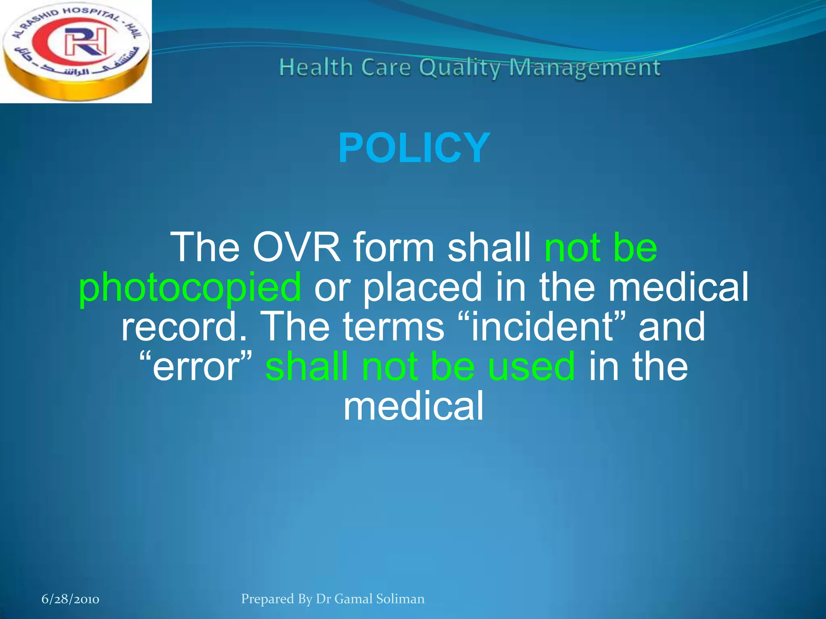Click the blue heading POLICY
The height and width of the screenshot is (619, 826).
pos(414,148)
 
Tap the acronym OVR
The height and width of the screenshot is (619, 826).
pos(296,247)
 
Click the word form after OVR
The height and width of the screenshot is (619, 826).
pos(394,247)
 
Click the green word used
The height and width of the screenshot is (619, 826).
pos(531,366)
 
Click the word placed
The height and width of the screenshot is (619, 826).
pos(422,287)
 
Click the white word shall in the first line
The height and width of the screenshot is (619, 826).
pos(489,247)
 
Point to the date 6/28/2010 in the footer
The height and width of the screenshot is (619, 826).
pos(71,599)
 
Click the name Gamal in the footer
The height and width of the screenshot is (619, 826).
pos(353,599)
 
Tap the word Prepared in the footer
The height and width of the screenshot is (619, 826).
pos(267,599)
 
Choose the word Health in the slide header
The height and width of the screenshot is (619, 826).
pos(316,67)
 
